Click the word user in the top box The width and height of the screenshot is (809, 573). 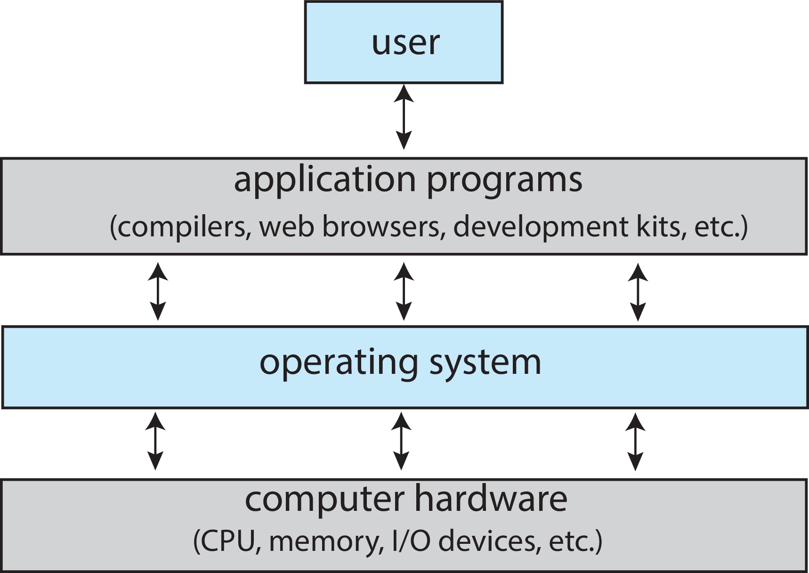point(405,43)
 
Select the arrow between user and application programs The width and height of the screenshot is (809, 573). point(404,117)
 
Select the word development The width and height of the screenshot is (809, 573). point(541,226)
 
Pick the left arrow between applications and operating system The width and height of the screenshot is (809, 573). point(158,291)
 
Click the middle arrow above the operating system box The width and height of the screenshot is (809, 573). point(404,291)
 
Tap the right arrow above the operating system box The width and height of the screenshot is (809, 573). point(638,292)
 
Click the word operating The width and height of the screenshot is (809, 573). point(338,363)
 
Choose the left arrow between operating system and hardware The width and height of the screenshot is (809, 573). point(155,441)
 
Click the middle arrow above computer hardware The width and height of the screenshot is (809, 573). point(401,441)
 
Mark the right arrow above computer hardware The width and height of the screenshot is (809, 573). point(635,442)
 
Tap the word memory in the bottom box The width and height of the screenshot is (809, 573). point(324,542)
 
